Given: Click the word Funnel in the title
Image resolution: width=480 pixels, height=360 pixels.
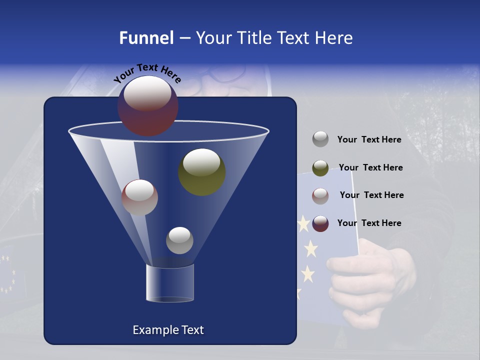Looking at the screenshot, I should (146, 38).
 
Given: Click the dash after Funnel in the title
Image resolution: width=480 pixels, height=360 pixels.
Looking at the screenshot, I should (184, 38).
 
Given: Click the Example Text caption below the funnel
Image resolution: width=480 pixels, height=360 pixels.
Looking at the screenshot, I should (168, 330).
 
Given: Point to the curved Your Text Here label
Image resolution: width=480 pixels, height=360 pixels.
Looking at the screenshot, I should (147, 73).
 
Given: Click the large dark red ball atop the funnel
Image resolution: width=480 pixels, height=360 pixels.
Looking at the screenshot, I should (148, 105).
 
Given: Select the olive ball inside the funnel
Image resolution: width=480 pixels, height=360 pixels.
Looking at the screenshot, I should (201, 171).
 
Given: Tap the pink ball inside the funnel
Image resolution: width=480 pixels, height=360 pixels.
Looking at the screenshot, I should (139, 197).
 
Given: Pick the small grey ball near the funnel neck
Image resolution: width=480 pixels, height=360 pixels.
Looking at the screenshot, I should (179, 240).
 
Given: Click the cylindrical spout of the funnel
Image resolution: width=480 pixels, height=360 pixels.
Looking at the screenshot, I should (170, 283).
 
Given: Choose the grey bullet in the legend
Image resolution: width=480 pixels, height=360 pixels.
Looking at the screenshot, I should (320, 139).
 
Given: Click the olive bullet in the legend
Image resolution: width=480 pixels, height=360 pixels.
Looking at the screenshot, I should (320, 168).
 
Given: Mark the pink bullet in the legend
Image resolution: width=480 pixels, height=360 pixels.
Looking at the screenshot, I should (320, 196).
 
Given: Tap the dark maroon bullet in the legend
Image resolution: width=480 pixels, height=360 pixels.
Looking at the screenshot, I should (320, 223).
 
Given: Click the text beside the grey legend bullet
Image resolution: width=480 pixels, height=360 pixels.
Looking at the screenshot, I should (369, 139).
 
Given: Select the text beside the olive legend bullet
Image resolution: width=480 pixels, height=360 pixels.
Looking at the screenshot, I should (370, 167).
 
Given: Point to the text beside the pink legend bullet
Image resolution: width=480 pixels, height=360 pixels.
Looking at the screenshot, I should (371, 195).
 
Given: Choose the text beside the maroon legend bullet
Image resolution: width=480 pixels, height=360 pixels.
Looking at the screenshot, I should (369, 223).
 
